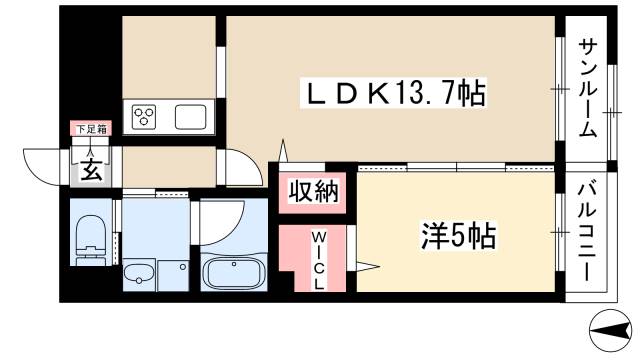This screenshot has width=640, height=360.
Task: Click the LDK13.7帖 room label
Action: pos(394,96)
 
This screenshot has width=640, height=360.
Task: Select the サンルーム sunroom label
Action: pos(589,87)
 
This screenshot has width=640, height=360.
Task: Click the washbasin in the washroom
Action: pos(138,273)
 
